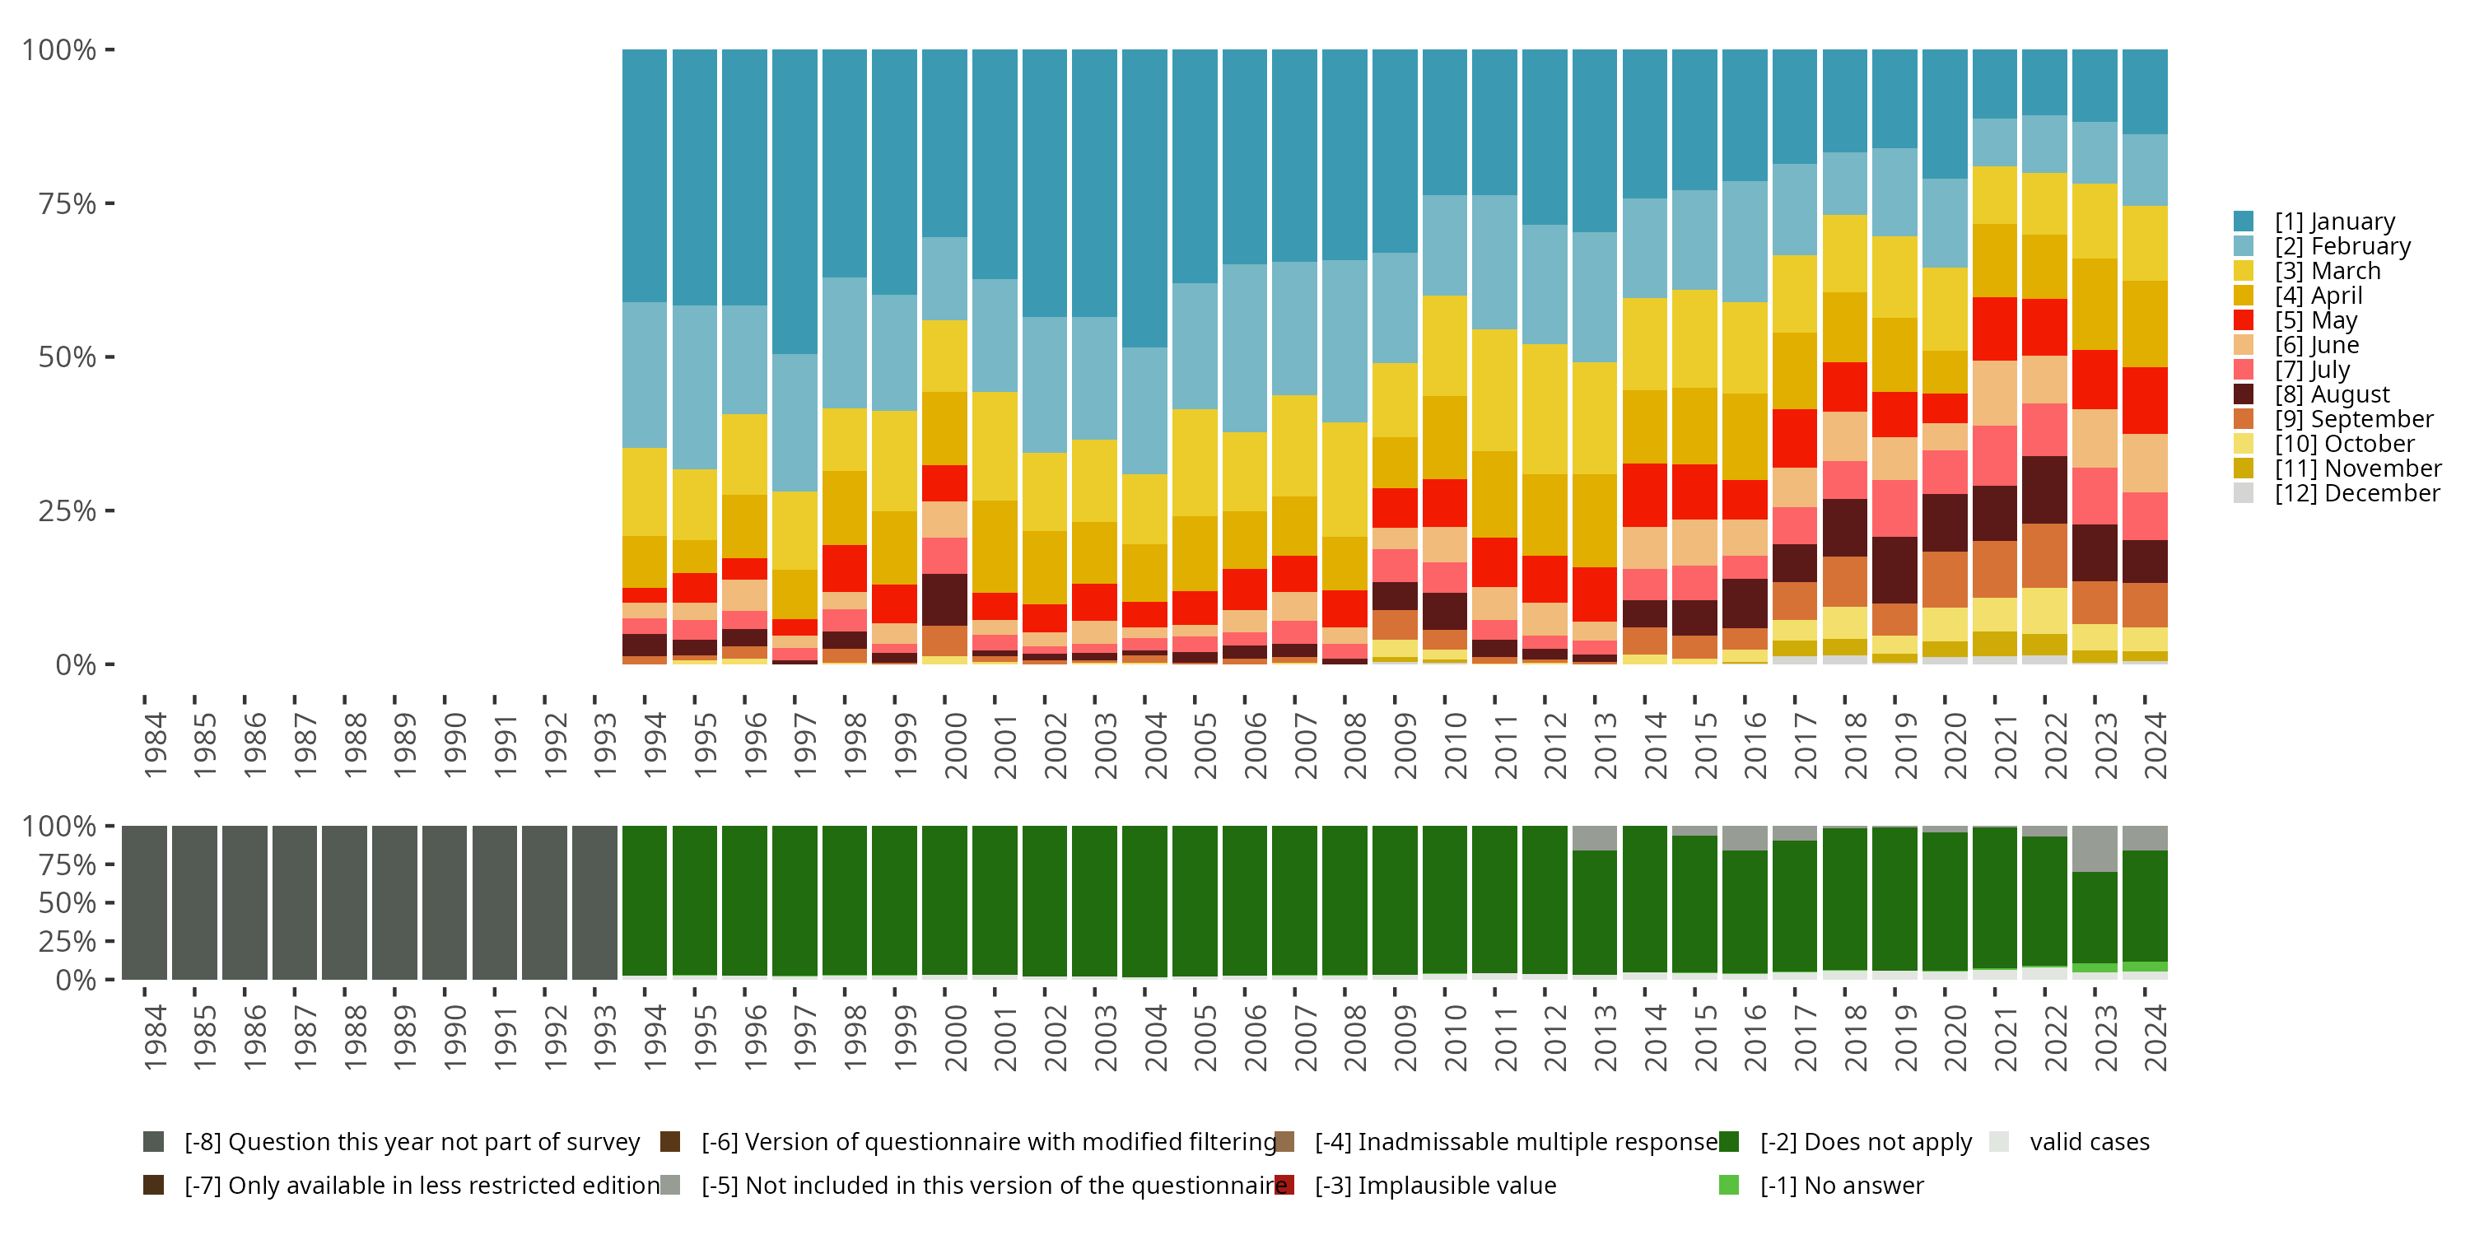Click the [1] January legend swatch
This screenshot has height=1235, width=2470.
coord(2243,221)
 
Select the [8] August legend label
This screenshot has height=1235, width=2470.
coord(2332,394)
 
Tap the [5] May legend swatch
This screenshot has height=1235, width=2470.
coord(2243,320)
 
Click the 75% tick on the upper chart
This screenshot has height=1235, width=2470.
coord(68,203)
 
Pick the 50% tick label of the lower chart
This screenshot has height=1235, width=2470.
coord(68,902)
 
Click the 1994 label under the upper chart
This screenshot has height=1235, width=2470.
coord(655,745)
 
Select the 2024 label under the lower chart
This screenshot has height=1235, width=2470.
coord(2155,1037)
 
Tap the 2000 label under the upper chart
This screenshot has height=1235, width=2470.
coord(955,745)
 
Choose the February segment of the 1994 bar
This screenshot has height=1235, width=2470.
coord(645,375)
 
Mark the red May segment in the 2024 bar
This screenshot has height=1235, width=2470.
coord(2144,400)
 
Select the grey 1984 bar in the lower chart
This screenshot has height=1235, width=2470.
coord(144,902)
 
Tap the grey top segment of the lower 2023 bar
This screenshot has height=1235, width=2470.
coord(2094,849)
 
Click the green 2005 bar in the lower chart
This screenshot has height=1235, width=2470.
coord(1195,902)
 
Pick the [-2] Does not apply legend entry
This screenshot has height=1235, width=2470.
coord(1865,1142)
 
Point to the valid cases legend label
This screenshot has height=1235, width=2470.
coord(2090,1142)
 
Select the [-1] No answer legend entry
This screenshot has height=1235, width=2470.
coord(1841,1185)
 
